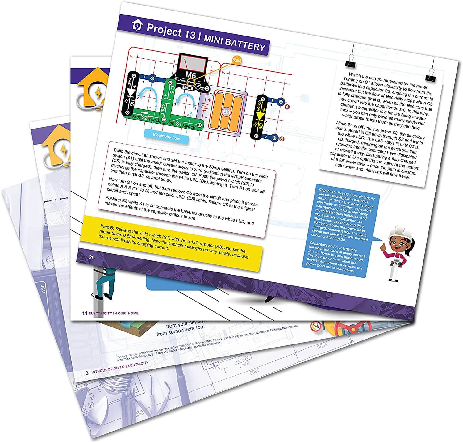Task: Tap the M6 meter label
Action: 190,75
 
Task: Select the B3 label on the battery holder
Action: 227,112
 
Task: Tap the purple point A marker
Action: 287,107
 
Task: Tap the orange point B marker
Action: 281,139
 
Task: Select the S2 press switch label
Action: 144,117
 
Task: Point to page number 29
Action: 92,257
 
